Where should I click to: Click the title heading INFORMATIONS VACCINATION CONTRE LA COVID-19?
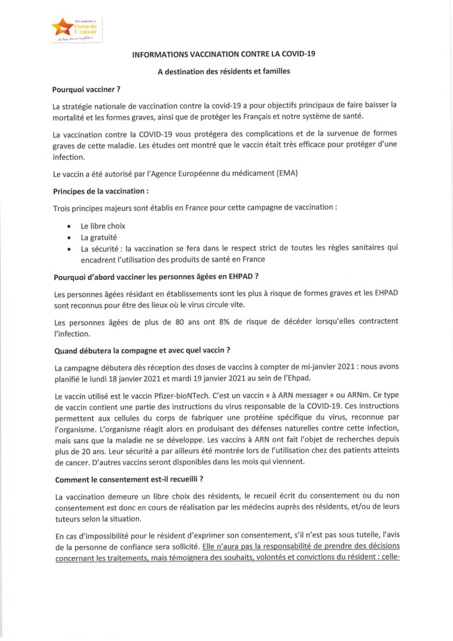223,54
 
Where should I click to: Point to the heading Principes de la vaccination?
101,190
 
